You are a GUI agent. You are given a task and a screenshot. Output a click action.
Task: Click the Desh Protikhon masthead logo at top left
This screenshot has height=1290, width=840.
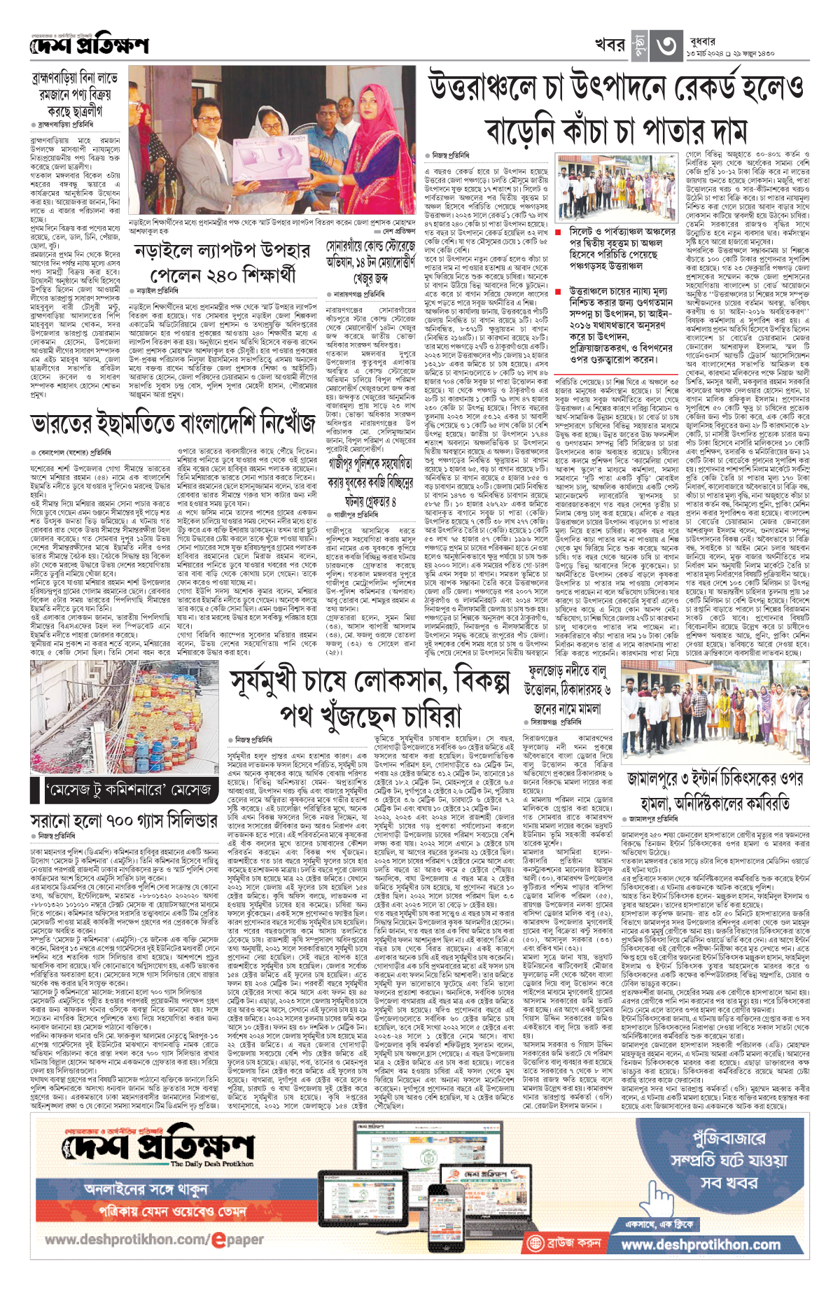[x=90, y=46]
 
